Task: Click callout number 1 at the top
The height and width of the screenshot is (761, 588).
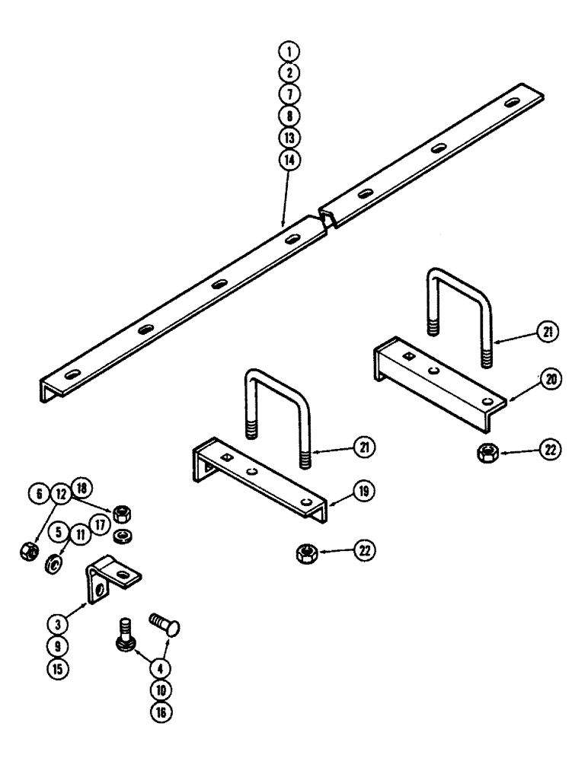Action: pyautogui.click(x=288, y=52)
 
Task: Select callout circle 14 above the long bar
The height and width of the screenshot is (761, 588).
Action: pyautogui.click(x=288, y=161)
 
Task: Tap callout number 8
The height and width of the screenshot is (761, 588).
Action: pyautogui.click(x=288, y=116)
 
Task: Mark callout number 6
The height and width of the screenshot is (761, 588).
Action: pyautogui.click(x=37, y=494)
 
